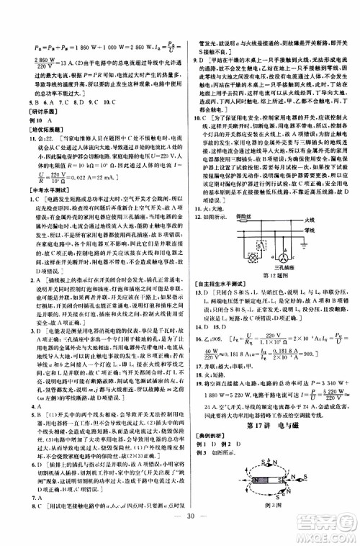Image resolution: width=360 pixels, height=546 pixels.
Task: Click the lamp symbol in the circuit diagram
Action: click(253, 258)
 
